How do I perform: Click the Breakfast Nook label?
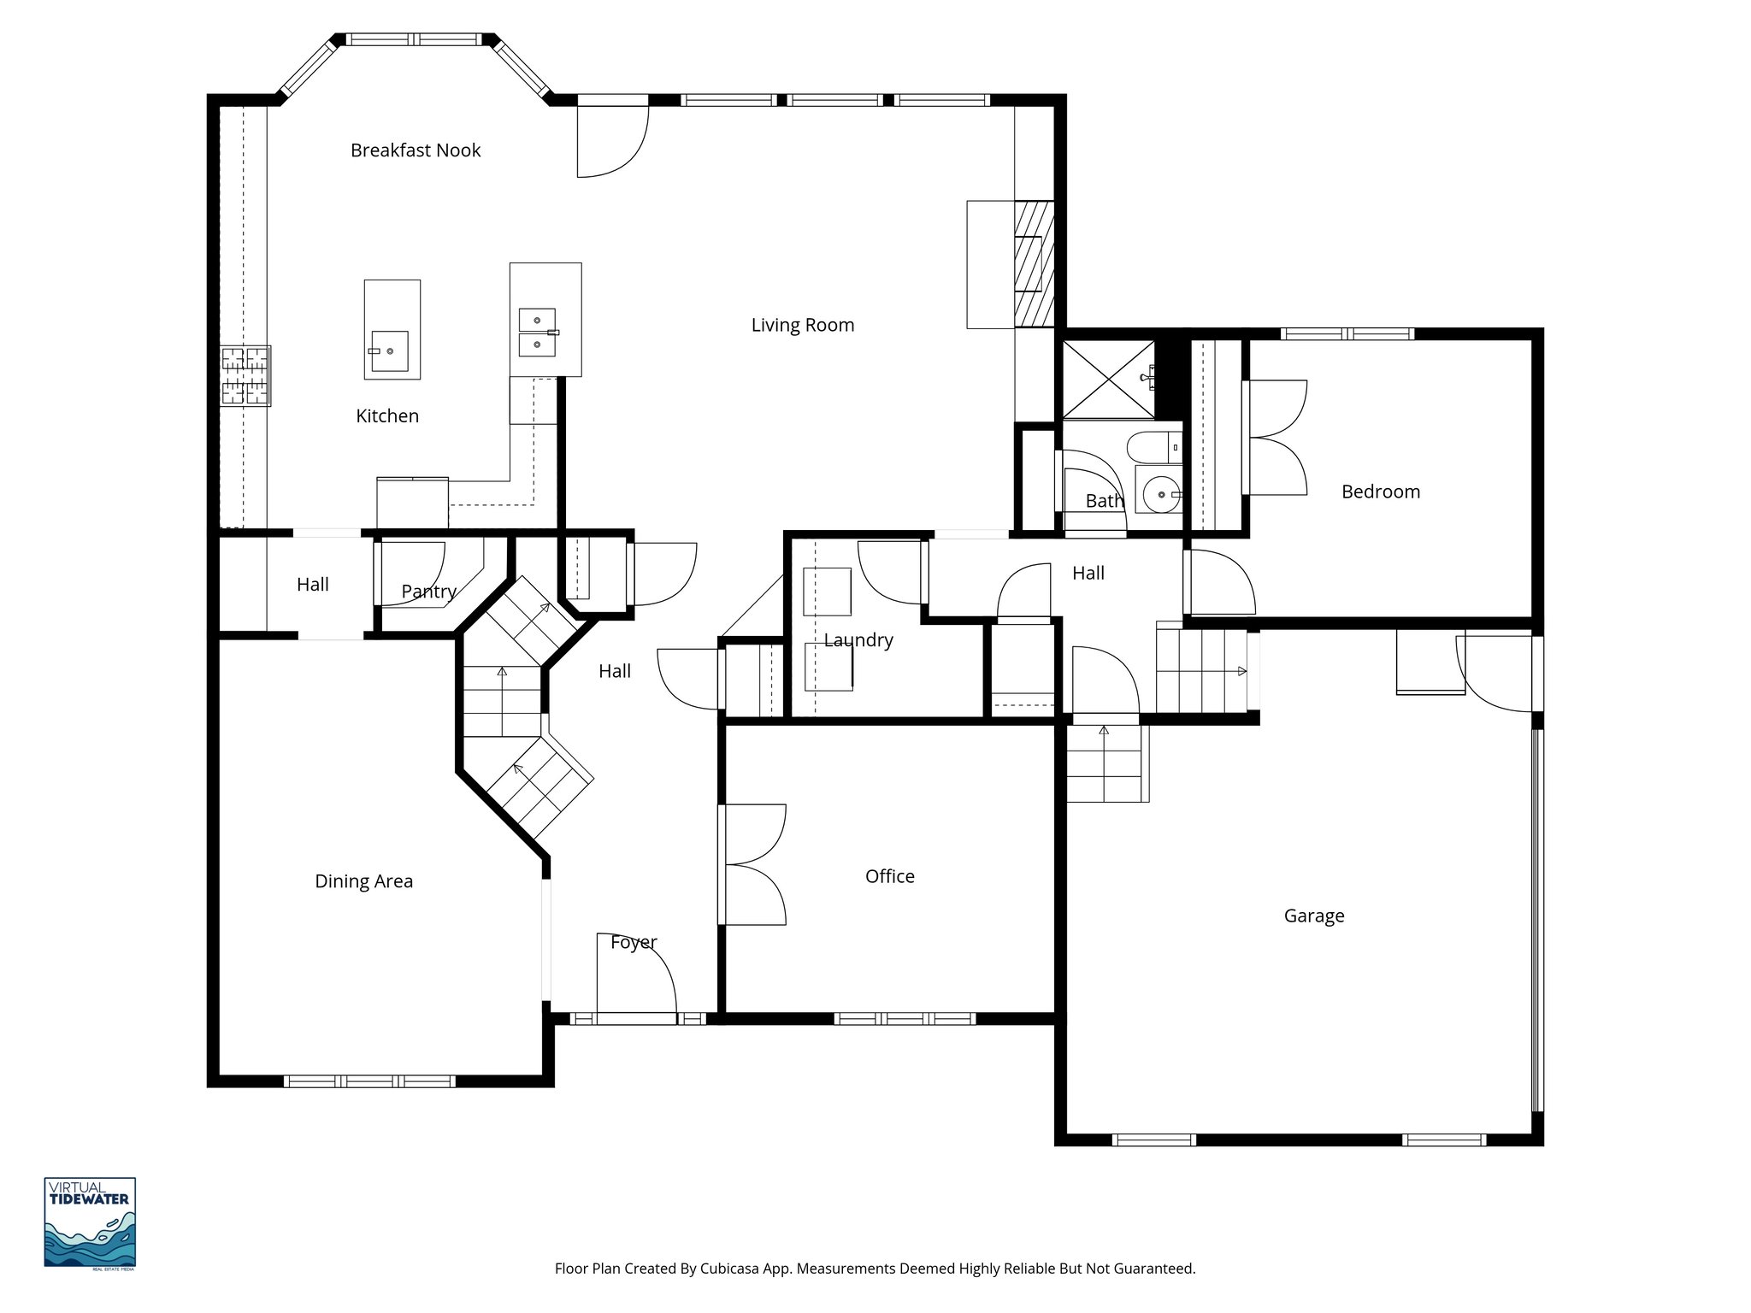[416, 150]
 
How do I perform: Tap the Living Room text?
[802, 325]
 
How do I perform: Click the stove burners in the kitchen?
[245, 375]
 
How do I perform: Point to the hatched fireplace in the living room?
[1035, 264]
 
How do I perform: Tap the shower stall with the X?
[1107, 379]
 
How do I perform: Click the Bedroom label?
[1380, 492]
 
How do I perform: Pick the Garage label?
[1313, 916]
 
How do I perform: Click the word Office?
[889, 876]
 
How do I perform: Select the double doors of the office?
[752, 864]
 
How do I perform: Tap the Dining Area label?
[363, 881]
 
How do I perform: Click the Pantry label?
[428, 592]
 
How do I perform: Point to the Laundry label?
[858, 640]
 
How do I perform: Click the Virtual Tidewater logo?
[90, 1222]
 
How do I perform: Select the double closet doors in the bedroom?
[1275, 437]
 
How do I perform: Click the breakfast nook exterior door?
[611, 141]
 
